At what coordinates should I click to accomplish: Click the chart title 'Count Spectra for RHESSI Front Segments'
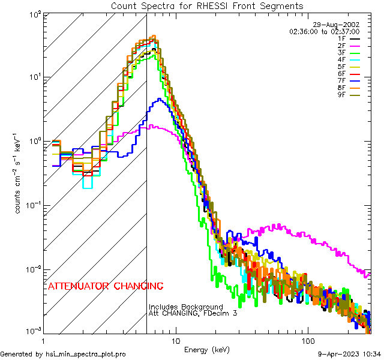coord(207,6)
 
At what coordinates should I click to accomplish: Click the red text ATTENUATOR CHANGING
coord(105,286)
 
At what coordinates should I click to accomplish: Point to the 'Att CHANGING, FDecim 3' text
coord(189,313)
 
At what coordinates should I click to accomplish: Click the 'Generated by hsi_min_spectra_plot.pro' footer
coord(63,355)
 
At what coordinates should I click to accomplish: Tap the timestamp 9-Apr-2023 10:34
coord(349,355)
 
